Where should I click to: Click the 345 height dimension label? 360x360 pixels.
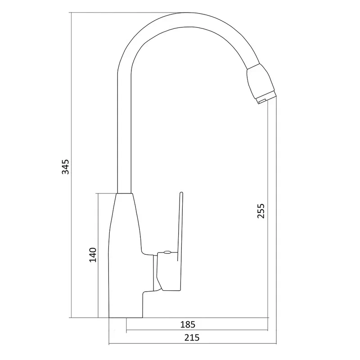(65, 166)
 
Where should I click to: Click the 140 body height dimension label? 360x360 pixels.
(93, 255)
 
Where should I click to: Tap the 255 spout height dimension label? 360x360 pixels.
(261, 211)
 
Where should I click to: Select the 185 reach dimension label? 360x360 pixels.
(188, 324)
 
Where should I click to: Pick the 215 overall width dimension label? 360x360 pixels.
(192, 337)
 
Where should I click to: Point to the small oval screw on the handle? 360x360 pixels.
(167, 252)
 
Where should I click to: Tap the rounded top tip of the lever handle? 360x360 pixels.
(181, 192)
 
